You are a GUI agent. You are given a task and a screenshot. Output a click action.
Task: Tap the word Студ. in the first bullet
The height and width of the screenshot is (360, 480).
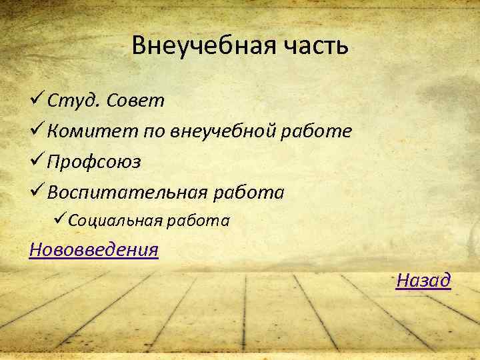click(x=74, y=101)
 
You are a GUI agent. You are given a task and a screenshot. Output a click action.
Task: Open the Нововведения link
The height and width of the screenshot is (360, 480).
click(x=94, y=250)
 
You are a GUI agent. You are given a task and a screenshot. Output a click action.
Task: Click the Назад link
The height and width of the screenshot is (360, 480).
click(x=423, y=281)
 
